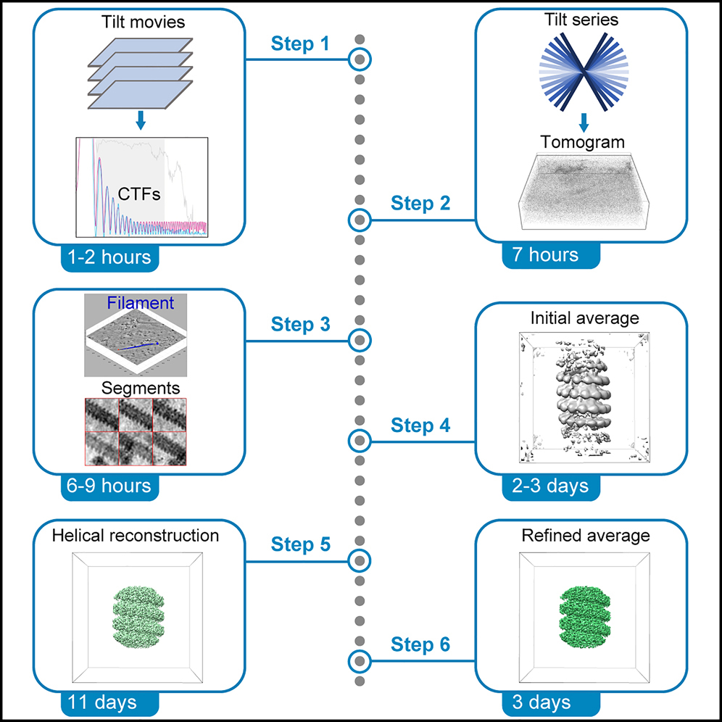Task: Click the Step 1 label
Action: [300, 43]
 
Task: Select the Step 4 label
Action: [420, 425]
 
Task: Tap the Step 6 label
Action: [420, 643]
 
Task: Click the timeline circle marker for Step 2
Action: [360, 219]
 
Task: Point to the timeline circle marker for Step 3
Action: [360, 339]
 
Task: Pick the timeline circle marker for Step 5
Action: [360, 560]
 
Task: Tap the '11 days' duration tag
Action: [102, 702]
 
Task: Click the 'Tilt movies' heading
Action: [142, 22]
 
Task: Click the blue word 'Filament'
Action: [141, 303]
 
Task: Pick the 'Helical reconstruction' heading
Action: [136, 536]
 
